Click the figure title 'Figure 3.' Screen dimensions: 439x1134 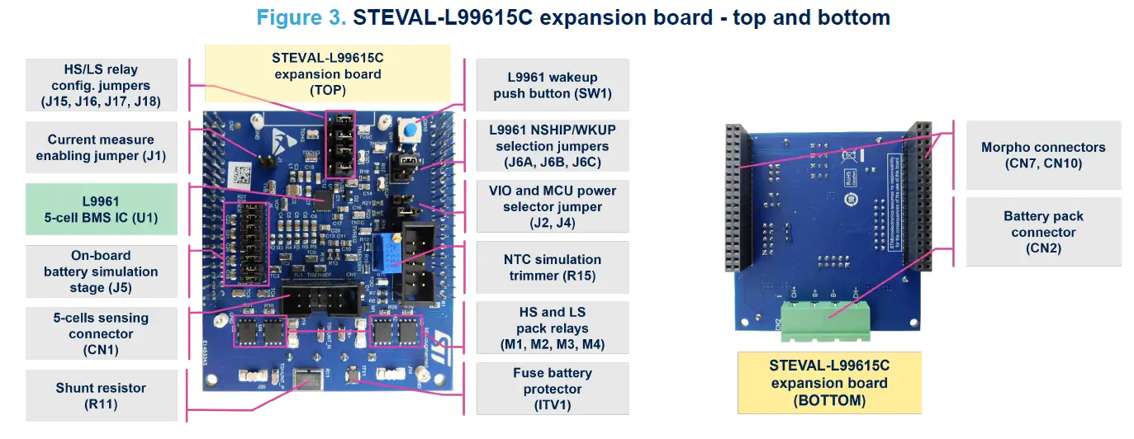301,17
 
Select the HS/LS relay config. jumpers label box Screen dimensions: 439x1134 102,85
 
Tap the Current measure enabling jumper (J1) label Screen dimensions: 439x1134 102,148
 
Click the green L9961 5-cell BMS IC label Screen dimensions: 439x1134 102,210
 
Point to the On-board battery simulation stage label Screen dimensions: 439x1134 102,271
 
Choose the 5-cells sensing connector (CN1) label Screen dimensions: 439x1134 102,333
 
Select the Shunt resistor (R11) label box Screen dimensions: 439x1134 102,396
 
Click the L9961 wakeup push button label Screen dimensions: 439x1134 553,85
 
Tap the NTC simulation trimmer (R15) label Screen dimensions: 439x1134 553,267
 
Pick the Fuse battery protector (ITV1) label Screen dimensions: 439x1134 553,389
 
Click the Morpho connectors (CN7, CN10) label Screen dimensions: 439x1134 1043,155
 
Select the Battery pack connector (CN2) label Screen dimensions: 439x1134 1043,232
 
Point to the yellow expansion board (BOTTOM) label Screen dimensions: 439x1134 828,383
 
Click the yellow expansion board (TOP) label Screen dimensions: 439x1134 327,74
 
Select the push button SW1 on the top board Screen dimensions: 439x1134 407,130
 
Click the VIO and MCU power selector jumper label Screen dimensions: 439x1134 553,206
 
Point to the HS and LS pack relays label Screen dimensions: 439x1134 553,328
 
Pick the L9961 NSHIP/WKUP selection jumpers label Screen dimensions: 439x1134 553,146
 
